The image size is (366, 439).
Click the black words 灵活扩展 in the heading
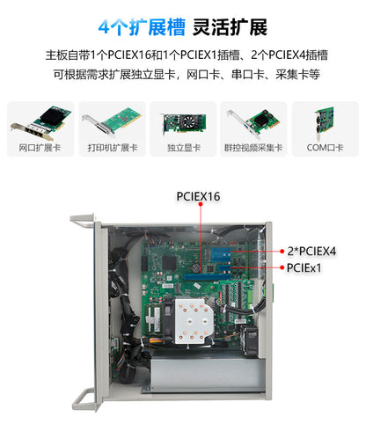click(230, 26)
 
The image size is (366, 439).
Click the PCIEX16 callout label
click(198, 196)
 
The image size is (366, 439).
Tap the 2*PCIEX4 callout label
click(311, 251)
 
